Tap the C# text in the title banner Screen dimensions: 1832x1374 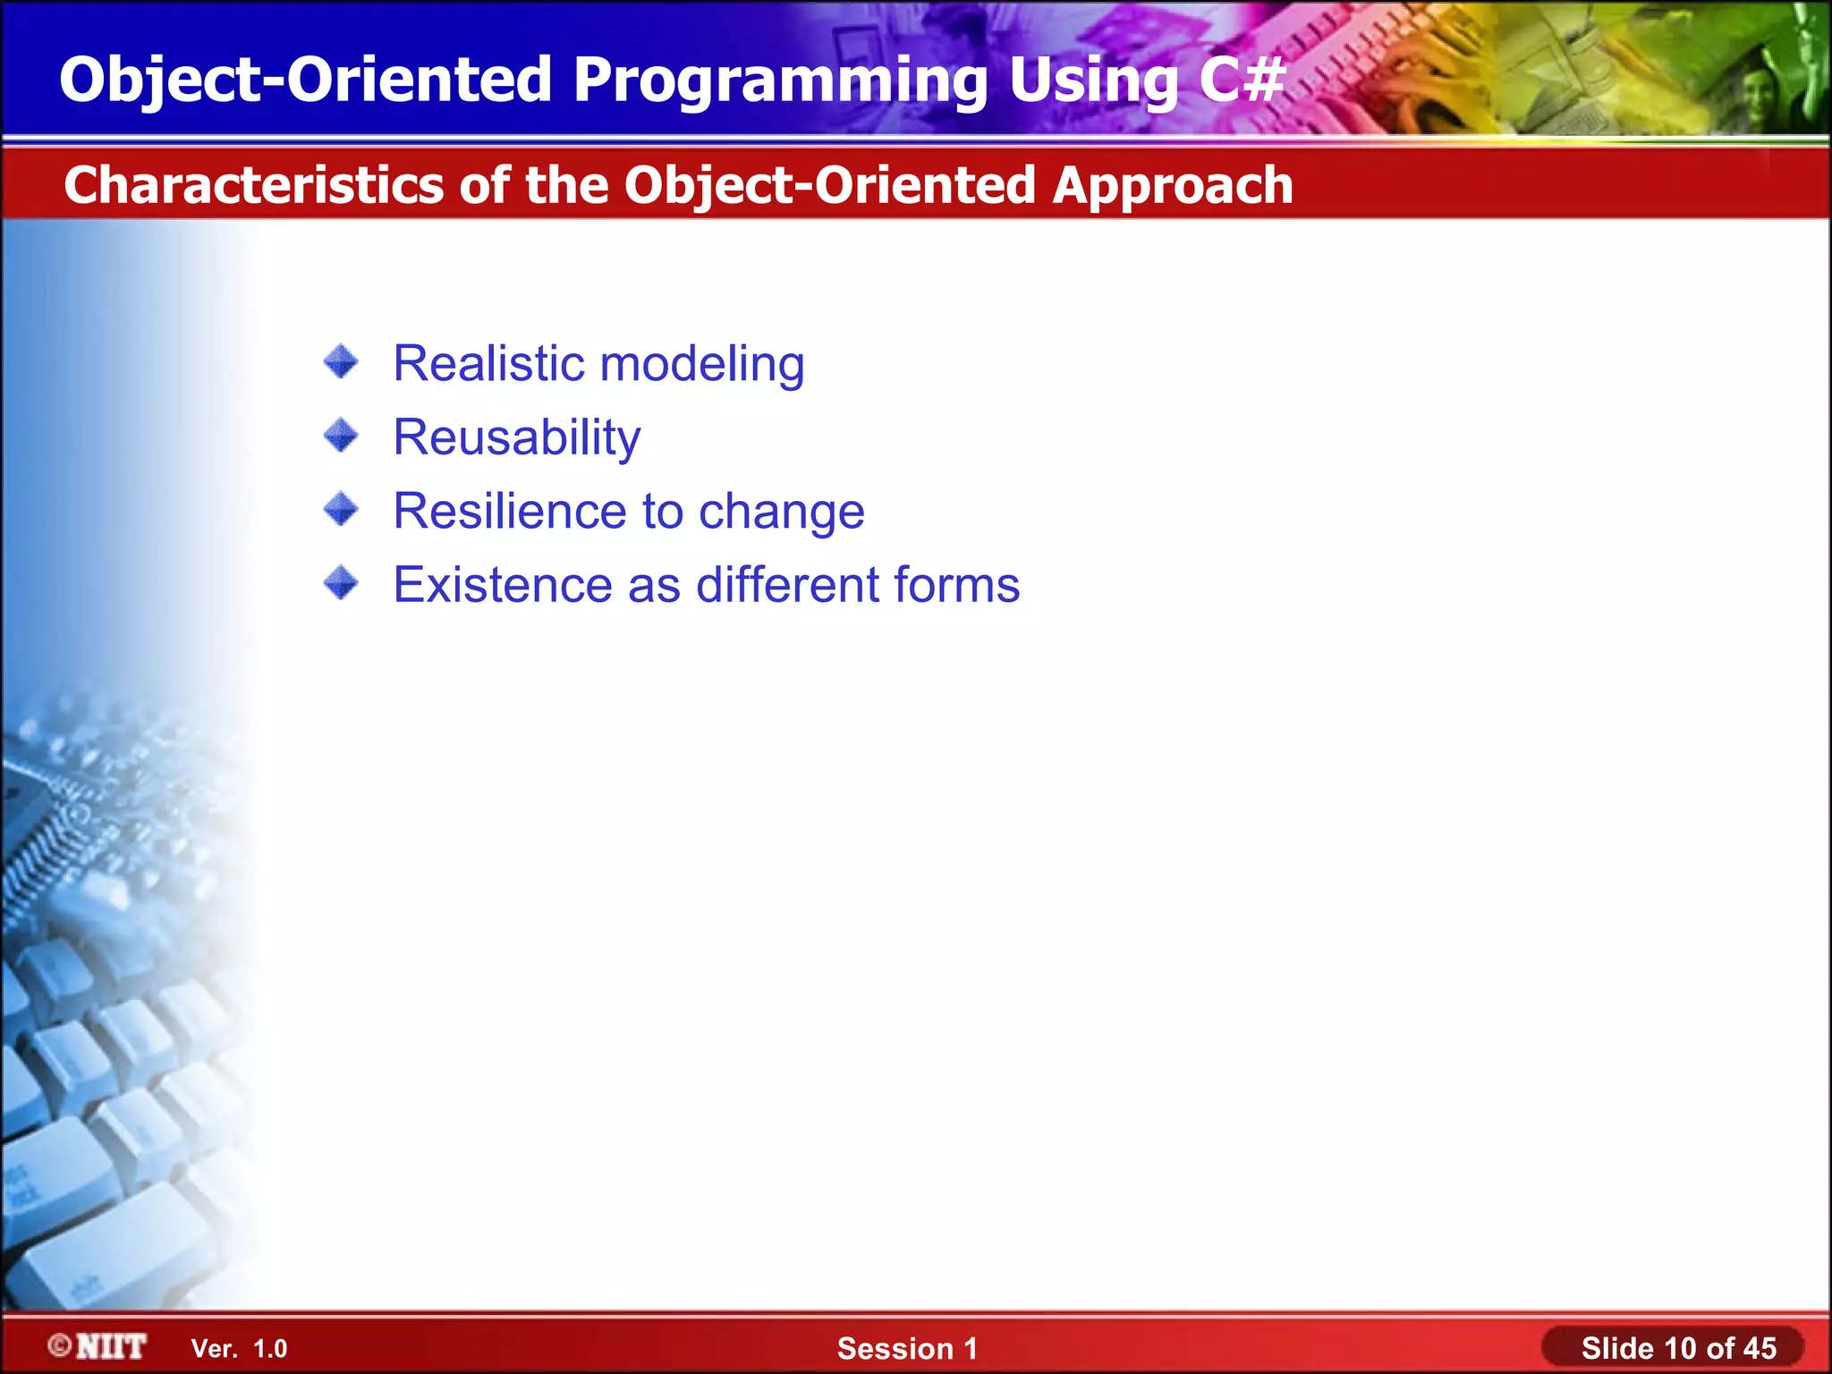tap(1242, 79)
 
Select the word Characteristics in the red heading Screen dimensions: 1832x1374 tap(254, 185)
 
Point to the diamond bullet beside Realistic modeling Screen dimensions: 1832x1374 tap(341, 362)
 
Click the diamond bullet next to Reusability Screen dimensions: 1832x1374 tap(341, 437)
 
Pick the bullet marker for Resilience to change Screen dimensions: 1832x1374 tap(341, 510)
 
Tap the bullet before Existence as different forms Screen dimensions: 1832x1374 tap(341, 584)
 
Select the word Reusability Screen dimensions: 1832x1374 tap(517, 439)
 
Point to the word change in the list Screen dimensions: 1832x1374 tap(782, 513)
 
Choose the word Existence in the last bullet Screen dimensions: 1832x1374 tap(503, 585)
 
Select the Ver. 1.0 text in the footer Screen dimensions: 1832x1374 tap(240, 1349)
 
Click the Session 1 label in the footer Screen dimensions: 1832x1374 tap(907, 1349)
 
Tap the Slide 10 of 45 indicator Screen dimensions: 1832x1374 tap(1679, 1348)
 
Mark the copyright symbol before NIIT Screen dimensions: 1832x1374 tap(60, 1346)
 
